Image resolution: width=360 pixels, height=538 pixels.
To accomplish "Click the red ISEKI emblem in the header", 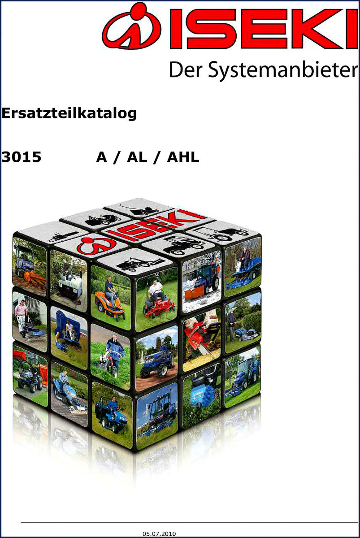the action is tap(132, 26).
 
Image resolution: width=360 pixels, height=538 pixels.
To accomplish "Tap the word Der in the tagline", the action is tap(187, 69).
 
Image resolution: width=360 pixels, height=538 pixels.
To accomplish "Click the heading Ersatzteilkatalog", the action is tap(69, 113).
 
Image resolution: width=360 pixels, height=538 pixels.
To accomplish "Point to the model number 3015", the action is tap(21, 157).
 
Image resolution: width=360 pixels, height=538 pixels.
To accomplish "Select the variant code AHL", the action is tap(183, 157).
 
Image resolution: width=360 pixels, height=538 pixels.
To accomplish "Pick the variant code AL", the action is tap(137, 157).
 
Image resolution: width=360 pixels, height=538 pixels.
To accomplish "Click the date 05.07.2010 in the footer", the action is tap(159, 534).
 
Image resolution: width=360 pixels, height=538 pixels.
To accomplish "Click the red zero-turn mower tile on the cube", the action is tap(157, 299).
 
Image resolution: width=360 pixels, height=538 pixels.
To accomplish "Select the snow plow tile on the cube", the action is tap(202, 282).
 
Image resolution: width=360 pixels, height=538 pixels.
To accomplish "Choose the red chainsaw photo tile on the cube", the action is tap(201, 339).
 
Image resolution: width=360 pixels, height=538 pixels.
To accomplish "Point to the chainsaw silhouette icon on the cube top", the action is tap(63, 236).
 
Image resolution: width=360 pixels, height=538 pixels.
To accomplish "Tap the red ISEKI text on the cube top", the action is tap(155, 224).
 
